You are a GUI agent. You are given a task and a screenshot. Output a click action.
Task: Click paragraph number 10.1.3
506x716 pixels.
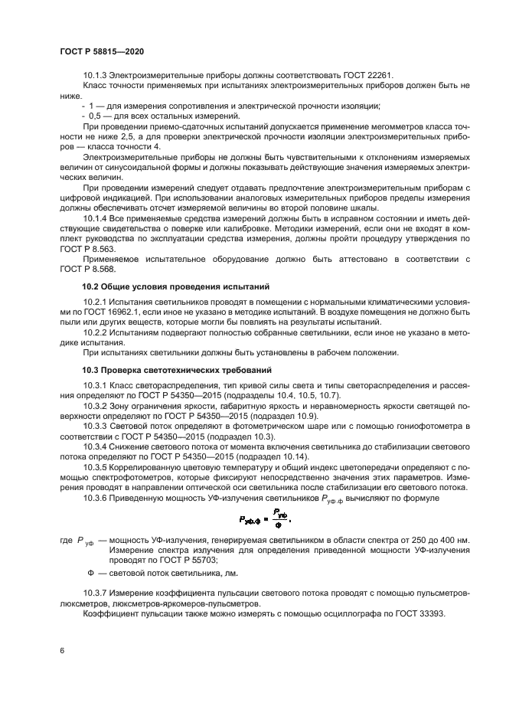pos(95,75)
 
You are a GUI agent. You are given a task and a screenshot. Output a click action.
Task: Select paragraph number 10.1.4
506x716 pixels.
pos(95,218)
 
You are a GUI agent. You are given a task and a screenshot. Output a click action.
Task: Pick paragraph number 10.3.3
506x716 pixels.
pos(95,424)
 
